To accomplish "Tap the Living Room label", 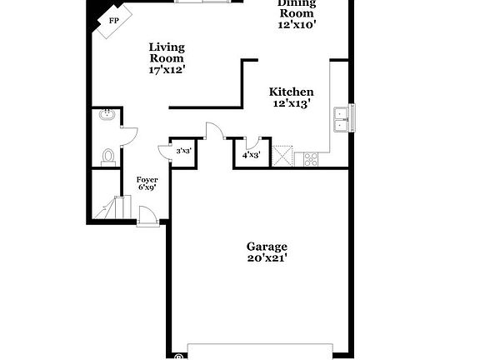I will pos(167,52).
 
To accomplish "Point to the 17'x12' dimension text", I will pos(167,70).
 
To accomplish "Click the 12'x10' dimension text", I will pos(297,25).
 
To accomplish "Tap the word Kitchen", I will pos(291,92).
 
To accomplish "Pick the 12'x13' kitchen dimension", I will pos(291,104).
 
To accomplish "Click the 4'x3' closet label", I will pos(251,155).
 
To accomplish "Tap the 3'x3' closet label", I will pos(183,151).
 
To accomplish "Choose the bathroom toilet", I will pos(107,155).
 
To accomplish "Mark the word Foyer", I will pos(147,179).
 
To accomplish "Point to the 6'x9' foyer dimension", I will pos(147,188).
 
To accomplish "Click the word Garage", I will pos(267,247).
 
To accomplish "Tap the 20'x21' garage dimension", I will pos(267,259).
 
